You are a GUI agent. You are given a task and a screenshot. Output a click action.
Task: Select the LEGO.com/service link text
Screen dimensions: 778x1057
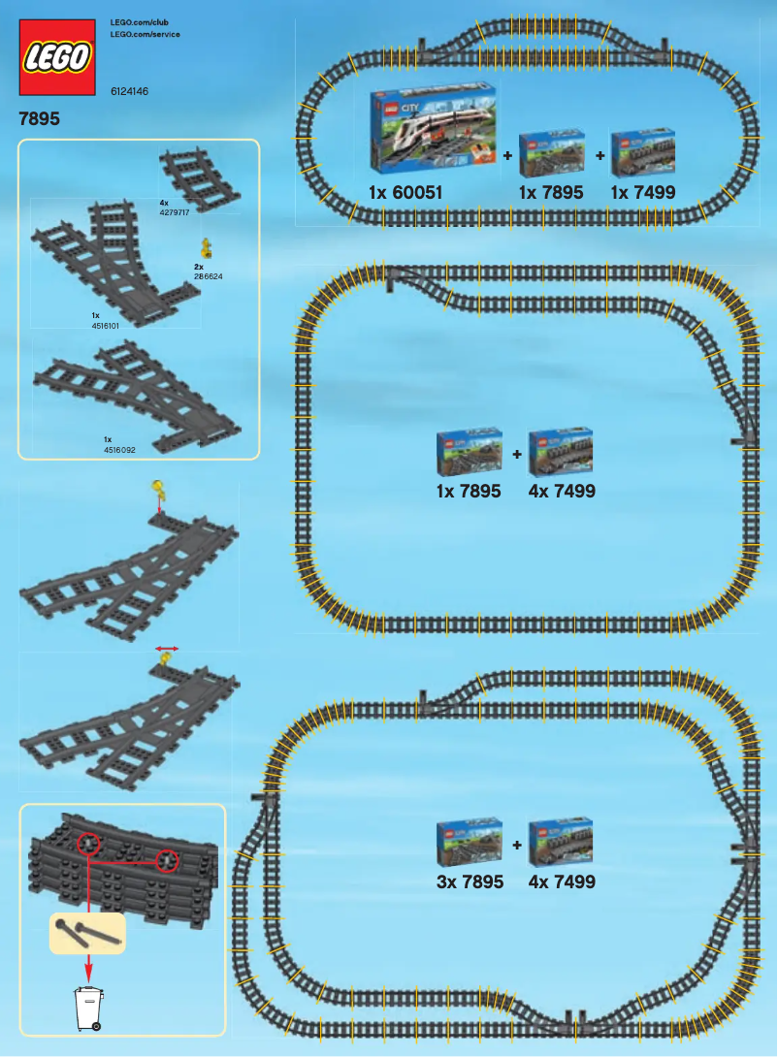146,34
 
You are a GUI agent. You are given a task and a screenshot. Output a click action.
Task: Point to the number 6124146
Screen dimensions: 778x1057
129,91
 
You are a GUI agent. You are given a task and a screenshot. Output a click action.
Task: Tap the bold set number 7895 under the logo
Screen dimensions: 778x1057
39,120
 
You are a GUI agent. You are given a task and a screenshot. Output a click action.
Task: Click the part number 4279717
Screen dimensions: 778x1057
174,210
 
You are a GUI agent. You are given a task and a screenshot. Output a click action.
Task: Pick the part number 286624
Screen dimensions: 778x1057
209,276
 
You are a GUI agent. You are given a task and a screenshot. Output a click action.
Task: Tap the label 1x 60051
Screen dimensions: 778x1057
405,193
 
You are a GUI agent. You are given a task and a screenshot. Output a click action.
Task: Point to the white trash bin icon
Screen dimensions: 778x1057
89,1008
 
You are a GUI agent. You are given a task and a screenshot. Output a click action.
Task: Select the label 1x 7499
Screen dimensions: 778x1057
643,193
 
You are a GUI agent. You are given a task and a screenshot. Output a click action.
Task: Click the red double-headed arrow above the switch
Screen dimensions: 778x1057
167,646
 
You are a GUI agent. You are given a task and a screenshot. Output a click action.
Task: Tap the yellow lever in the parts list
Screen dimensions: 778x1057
206,248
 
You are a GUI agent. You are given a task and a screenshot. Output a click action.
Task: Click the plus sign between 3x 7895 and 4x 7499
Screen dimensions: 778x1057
517,845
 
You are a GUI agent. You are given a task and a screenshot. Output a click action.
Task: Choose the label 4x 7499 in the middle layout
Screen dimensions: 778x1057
563,491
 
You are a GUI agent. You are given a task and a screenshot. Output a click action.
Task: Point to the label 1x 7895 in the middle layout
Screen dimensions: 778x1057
469,491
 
